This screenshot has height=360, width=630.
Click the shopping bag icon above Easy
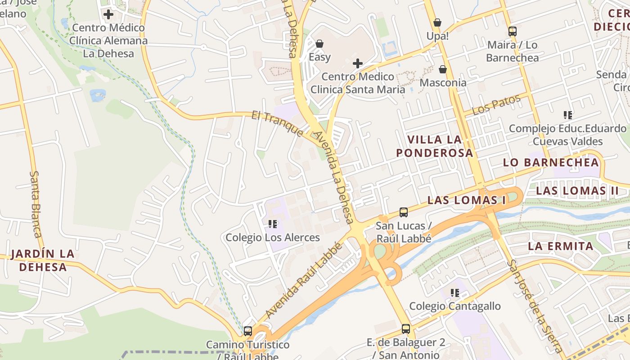tap(319, 44)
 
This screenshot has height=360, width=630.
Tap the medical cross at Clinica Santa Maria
tap(358, 63)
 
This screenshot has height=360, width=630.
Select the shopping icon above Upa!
tap(437, 22)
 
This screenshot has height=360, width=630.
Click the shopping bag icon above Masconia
tap(443, 69)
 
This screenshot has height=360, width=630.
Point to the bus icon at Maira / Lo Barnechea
tap(512, 31)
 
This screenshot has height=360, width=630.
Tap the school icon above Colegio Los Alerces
tap(272, 224)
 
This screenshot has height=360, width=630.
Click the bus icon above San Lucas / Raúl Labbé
tap(404, 212)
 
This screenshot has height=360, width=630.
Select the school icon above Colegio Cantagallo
tap(455, 293)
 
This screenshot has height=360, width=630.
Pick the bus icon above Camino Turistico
tap(247, 331)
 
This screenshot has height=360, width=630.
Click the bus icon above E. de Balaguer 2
tap(406, 329)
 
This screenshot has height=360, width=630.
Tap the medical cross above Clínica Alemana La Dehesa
tap(108, 14)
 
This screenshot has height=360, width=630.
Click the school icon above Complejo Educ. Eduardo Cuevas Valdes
tap(568, 115)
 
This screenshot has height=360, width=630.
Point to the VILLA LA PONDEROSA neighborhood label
tap(434, 146)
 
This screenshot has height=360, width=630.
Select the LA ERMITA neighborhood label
tap(560, 247)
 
